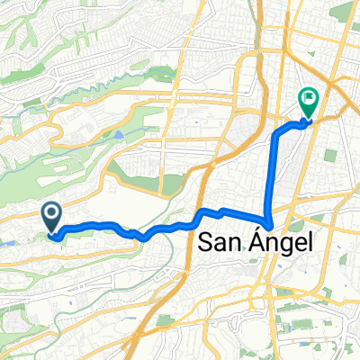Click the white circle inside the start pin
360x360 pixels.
(x=51, y=213)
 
